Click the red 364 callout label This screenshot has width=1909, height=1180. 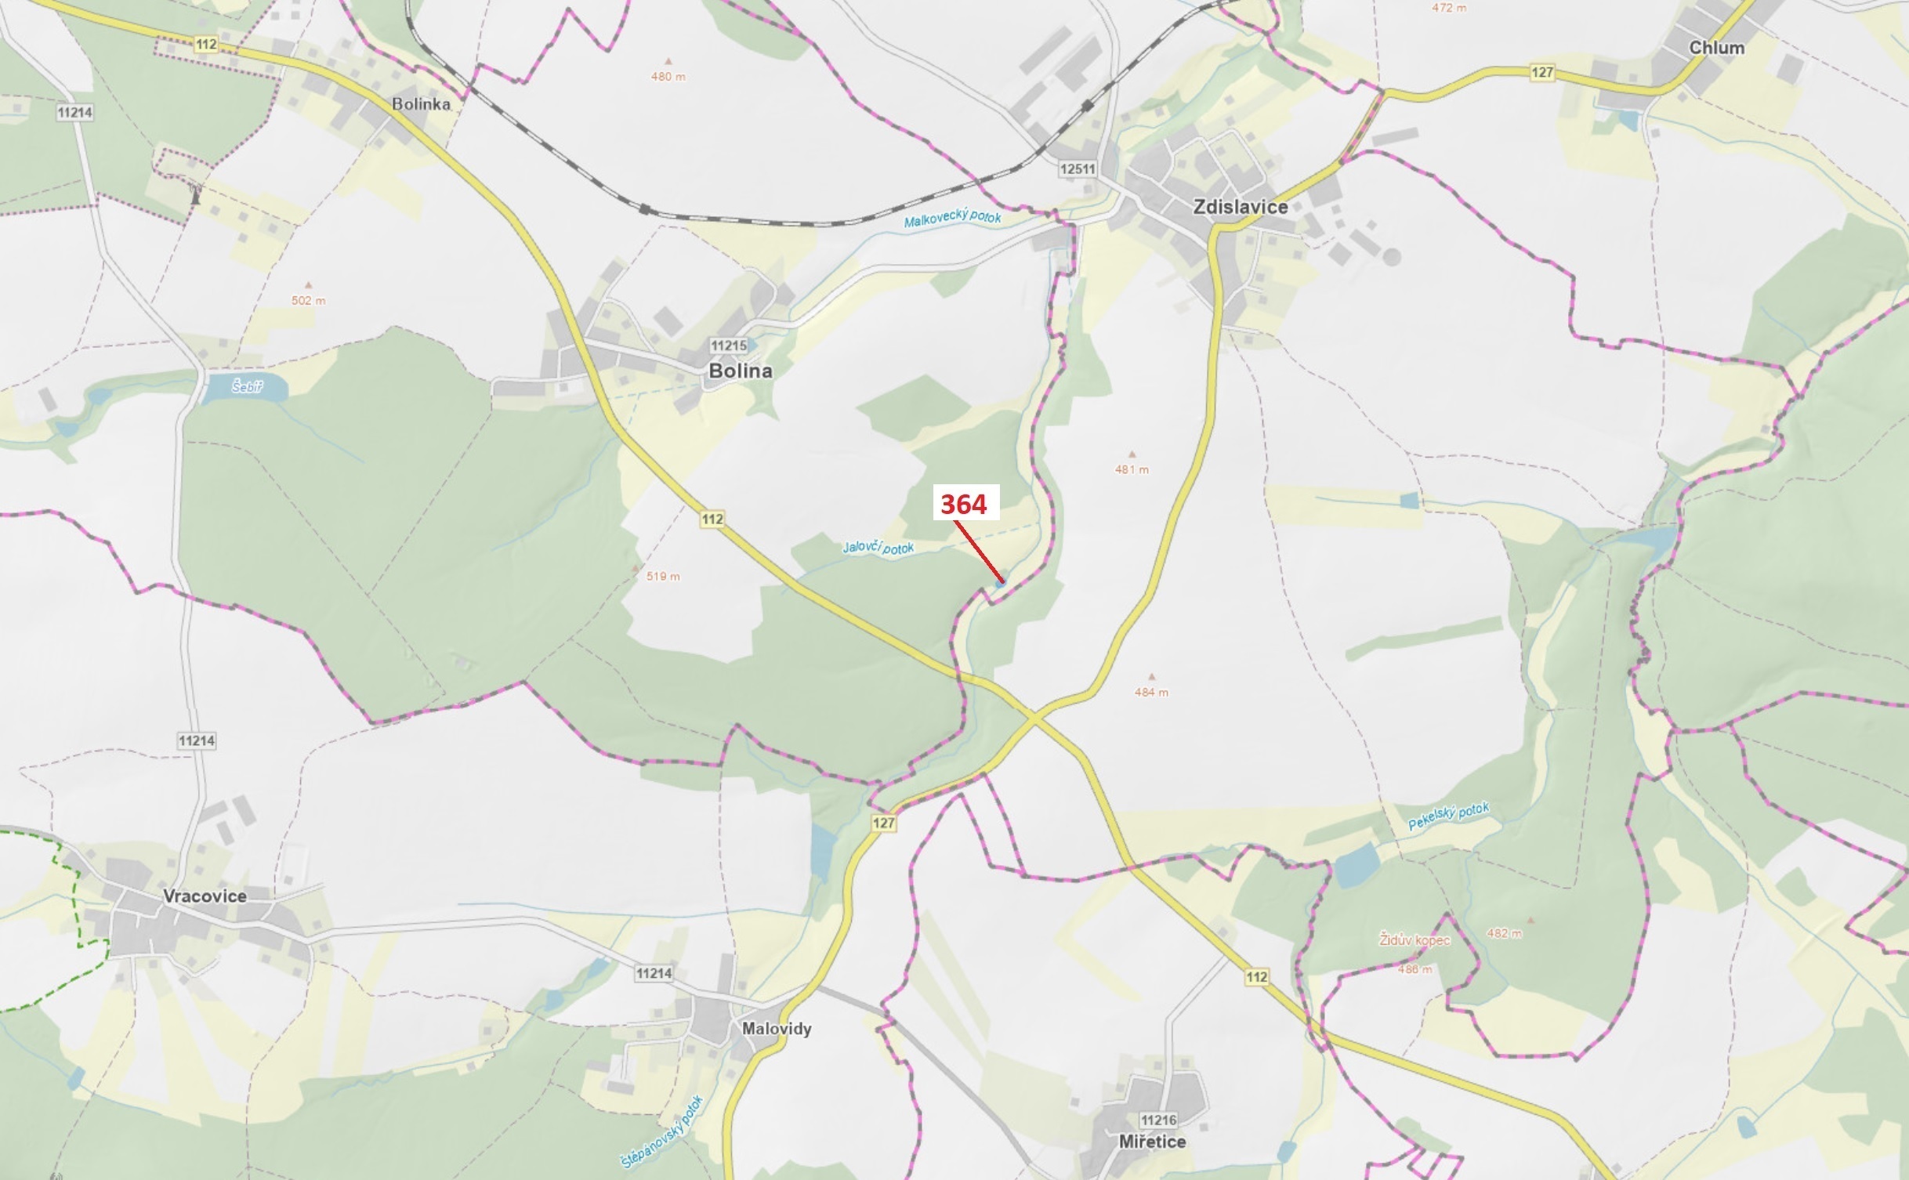[x=963, y=504]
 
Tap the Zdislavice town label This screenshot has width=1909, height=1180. [x=1240, y=207]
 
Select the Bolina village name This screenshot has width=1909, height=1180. [x=740, y=371]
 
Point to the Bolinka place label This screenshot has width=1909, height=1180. [x=421, y=103]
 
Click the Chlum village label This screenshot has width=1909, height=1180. [x=1716, y=48]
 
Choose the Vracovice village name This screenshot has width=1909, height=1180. [x=205, y=896]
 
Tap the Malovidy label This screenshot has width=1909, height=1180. [x=777, y=1028]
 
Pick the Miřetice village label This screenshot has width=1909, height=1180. [x=1151, y=1142]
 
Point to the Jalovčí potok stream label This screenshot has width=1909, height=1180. [x=878, y=547]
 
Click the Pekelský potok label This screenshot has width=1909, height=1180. [x=1448, y=816]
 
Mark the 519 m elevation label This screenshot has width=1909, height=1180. [x=663, y=576]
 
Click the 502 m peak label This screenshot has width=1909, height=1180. [x=308, y=300]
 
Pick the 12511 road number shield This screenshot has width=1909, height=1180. [x=1077, y=168]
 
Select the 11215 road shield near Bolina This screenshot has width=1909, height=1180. [x=728, y=345]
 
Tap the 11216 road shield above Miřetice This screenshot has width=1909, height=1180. [x=1158, y=1120]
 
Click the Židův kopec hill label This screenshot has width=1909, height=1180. [x=1415, y=940]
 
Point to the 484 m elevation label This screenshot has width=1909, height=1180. [x=1150, y=692]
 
